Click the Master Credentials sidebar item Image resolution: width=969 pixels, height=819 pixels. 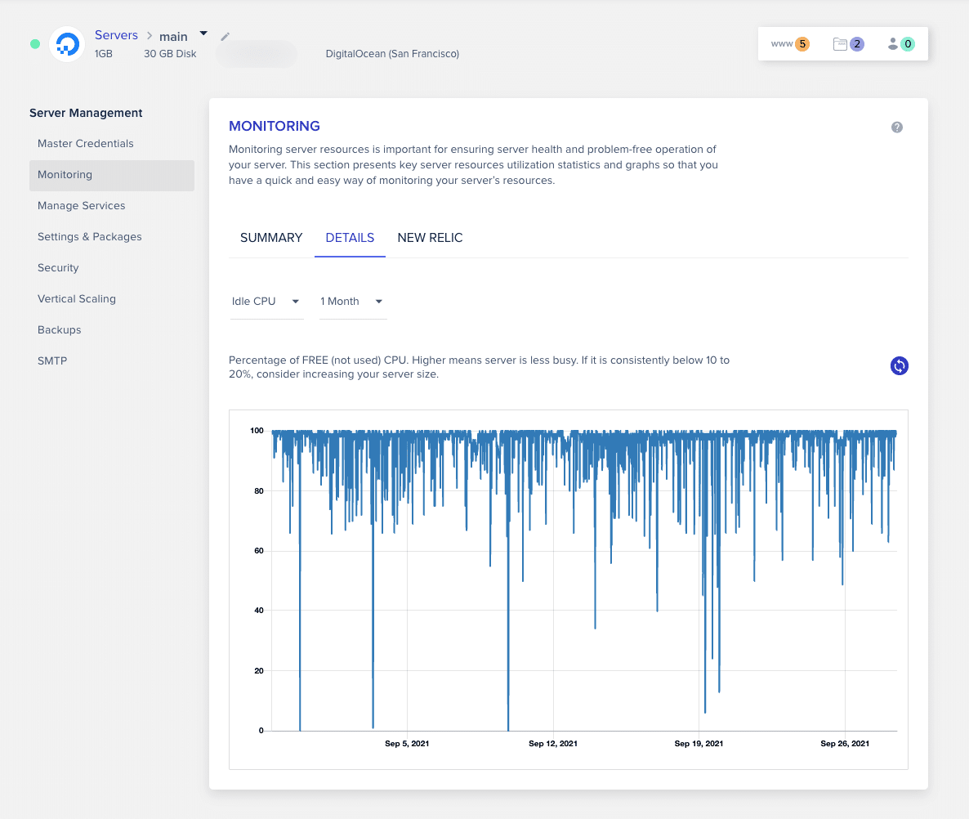pos(86,144)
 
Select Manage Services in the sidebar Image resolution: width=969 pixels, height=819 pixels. pos(82,206)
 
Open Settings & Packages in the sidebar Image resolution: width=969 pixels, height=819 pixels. pos(90,237)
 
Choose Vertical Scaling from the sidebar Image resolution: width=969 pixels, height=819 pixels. pos(77,299)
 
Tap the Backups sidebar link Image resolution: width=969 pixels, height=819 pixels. pos(60,330)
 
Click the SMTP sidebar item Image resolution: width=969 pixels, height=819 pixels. pos(52,361)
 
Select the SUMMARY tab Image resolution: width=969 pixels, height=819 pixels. pos(271,238)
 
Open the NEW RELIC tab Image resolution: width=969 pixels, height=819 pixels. pos(430,238)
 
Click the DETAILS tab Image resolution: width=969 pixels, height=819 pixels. pos(350,238)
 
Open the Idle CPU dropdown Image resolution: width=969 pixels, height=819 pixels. pos(266,302)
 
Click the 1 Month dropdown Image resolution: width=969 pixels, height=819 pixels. pos(352,302)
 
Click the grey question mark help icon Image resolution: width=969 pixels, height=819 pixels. pos(897,128)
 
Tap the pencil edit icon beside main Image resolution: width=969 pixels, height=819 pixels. pos(226,37)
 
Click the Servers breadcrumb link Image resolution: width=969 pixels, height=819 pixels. pos(116,36)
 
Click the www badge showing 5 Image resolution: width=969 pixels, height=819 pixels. pos(790,44)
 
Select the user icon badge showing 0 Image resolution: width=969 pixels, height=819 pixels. pos(900,44)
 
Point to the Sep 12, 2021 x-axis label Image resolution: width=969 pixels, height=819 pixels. pos(553,744)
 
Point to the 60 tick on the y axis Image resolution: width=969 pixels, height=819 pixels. pos(258,551)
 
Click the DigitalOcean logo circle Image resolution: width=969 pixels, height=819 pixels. pos(67,44)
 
